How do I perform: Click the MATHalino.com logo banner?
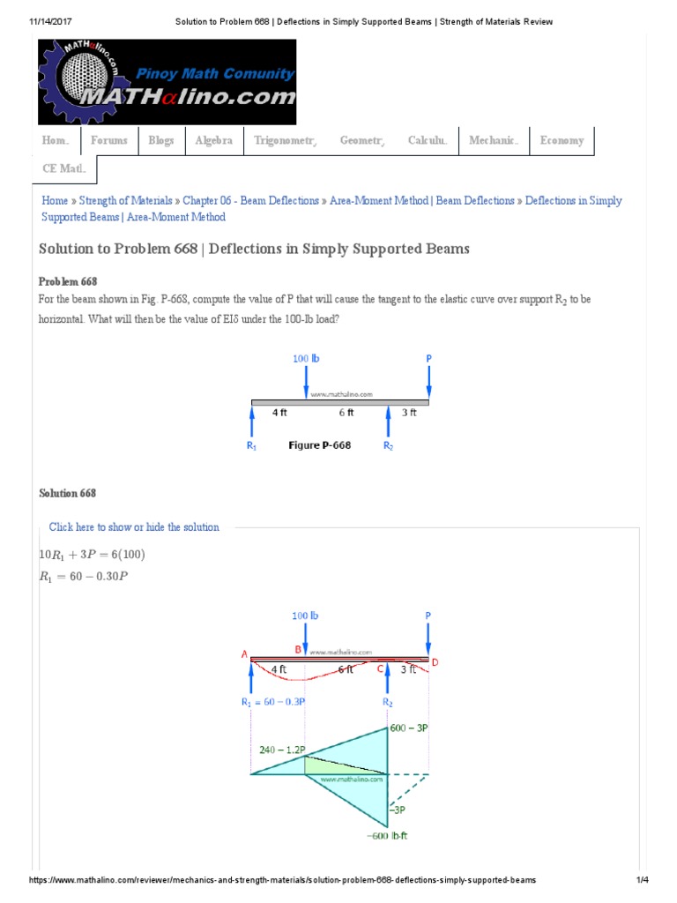click(x=167, y=81)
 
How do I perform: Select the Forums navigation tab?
click(x=108, y=141)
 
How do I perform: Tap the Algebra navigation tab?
click(x=213, y=141)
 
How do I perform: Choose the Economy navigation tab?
click(x=562, y=141)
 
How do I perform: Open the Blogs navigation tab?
click(x=160, y=141)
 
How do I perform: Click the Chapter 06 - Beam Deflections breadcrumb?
click(x=250, y=201)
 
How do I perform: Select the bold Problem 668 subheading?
click(x=68, y=281)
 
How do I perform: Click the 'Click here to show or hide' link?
click(x=134, y=527)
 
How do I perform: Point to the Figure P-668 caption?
click(x=320, y=445)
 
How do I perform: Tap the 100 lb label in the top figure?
click(x=306, y=359)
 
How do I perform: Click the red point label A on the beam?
click(x=243, y=653)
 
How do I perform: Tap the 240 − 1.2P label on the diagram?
click(x=282, y=750)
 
